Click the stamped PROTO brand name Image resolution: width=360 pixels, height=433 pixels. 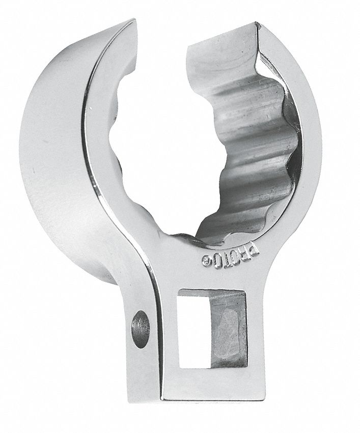pos(231,256)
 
